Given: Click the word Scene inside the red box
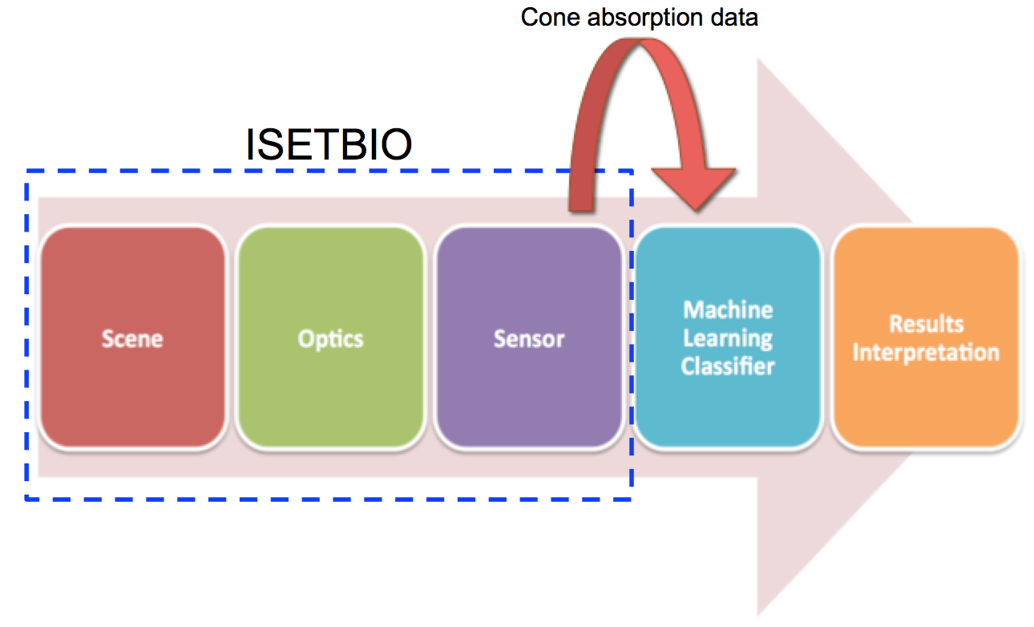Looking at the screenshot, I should (x=132, y=338).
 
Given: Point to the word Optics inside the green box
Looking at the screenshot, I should (x=330, y=338).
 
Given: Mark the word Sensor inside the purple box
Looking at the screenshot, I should (x=528, y=338).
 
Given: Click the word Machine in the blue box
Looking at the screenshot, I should (x=727, y=310).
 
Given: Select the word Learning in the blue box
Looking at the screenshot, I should (x=727, y=338).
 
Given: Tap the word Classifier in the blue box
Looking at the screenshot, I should (x=727, y=366).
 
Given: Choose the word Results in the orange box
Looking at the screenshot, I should (x=925, y=324).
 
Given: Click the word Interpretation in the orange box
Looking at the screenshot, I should (x=925, y=353).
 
